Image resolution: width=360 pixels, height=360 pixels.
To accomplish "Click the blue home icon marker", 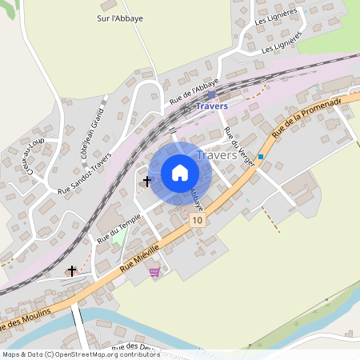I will coord(180,173).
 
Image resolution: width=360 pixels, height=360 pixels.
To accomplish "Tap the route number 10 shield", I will coord(198,219).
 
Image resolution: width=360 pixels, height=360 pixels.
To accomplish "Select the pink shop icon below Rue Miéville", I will coord(154,272).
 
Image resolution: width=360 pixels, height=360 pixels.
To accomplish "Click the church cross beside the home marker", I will coord(146,182).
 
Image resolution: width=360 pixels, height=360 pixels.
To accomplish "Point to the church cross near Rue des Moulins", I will coord(72,271).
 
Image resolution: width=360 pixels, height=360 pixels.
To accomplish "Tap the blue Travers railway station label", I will coord(211,106).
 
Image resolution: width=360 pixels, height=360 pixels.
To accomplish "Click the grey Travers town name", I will coord(216,155).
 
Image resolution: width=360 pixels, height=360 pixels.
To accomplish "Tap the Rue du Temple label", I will coord(114,223).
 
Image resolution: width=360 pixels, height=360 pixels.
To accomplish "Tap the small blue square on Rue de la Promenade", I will coord(261,157).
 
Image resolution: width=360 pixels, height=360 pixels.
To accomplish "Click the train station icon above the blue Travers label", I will coord(211,94).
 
